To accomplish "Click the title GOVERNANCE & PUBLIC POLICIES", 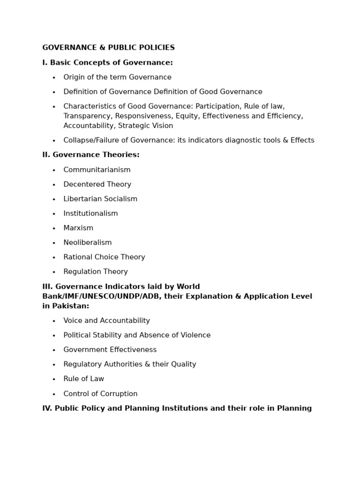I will [108, 48].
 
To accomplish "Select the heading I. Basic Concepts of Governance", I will [107, 63].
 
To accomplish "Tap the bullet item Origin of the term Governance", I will [117, 77].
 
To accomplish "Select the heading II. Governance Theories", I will [91, 155].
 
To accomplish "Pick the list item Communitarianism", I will [97, 170].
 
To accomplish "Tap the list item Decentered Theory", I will [97, 184].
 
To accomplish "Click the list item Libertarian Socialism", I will [100, 199].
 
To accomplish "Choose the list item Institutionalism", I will [90, 213].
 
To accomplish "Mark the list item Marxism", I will [78, 228].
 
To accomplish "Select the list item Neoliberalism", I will [88, 242].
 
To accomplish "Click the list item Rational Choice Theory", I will [104, 257].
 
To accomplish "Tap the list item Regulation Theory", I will [96, 271].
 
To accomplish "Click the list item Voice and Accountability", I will [106, 321].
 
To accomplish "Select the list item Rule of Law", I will [83, 379].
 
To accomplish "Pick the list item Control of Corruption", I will [100, 394].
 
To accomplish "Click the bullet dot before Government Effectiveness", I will [54, 350].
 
